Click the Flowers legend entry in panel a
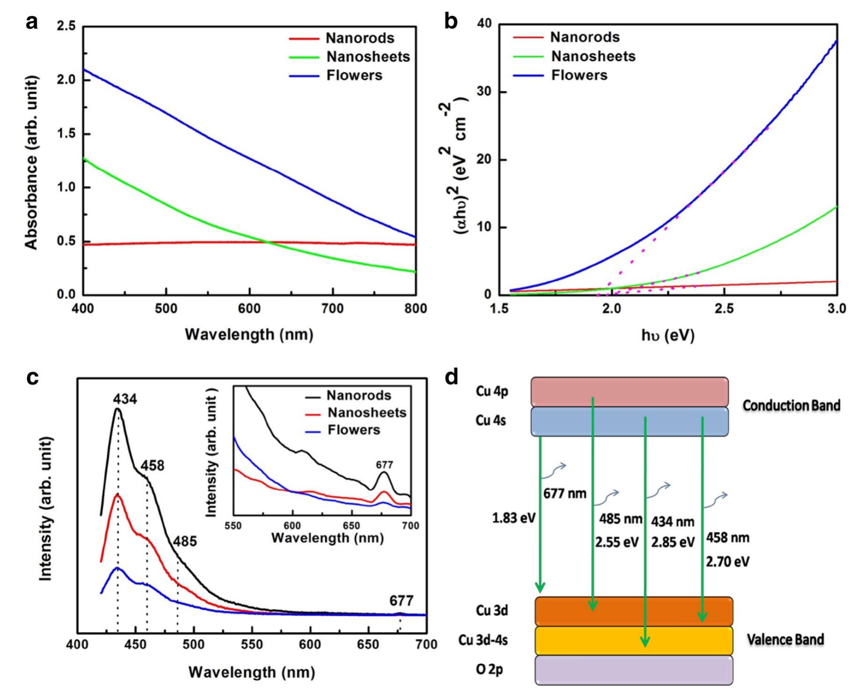click(x=354, y=75)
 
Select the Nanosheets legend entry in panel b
click(x=593, y=56)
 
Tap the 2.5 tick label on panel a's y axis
click(x=66, y=26)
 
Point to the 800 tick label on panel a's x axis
click(x=415, y=309)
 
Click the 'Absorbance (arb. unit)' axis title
click(x=31, y=163)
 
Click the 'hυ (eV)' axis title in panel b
click(x=667, y=335)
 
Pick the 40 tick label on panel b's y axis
click(x=484, y=23)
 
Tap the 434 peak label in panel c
click(x=125, y=399)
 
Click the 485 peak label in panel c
click(x=185, y=541)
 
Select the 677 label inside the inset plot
click(x=384, y=465)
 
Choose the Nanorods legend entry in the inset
click(x=358, y=395)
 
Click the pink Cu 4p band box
click(x=629, y=392)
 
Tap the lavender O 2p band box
click(x=633, y=670)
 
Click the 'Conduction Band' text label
click(x=791, y=405)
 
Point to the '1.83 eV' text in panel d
click(x=513, y=518)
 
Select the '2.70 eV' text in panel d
click(x=727, y=561)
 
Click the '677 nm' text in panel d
click(x=564, y=493)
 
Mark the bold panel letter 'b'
click(x=450, y=22)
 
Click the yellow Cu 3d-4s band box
click(x=633, y=640)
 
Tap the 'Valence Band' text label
click(x=785, y=639)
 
